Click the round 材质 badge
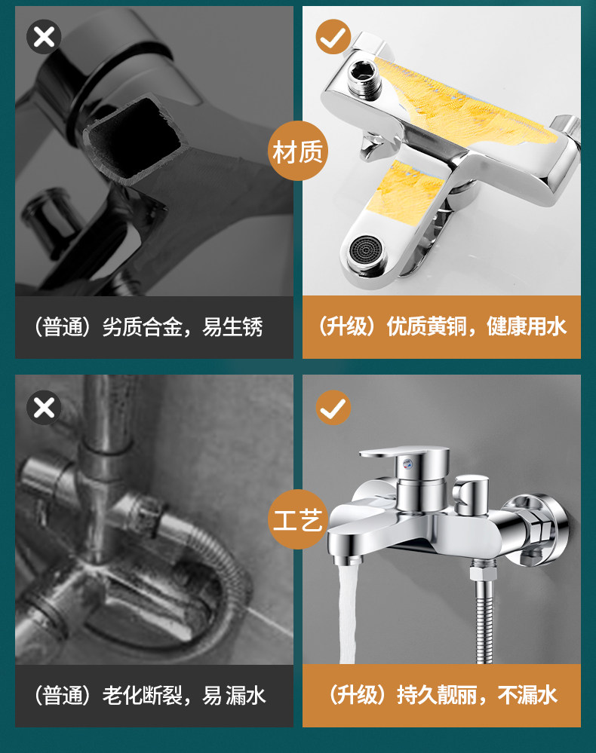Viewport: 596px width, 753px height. coord(297,151)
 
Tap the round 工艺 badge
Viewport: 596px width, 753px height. coord(297,519)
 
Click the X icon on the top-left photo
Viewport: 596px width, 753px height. coord(44,36)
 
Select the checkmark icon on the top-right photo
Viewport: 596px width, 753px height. coord(333,36)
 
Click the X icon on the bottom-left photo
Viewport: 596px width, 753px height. coord(44,408)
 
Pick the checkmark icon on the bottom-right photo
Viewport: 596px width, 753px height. coord(333,408)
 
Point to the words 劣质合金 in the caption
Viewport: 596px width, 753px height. coord(143,327)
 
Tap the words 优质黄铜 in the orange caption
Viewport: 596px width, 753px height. coord(427,326)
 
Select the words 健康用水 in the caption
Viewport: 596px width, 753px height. coord(527,326)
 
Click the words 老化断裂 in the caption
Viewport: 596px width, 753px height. coord(143,696)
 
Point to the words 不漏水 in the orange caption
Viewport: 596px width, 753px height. coord(527,695)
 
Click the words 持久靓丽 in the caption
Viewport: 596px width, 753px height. coord(437,695)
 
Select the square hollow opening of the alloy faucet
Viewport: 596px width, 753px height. coord(134,139)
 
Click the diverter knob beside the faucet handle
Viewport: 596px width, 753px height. coord(470,494)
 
